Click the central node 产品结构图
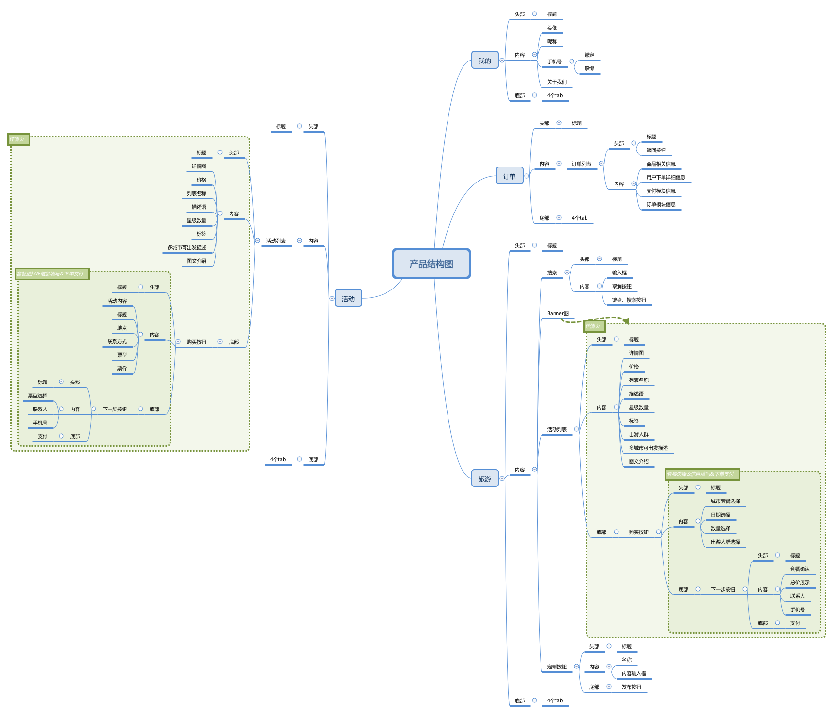[431, 264]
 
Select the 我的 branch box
[485, 61]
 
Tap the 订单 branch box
[510, 176]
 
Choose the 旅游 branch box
[485, 479]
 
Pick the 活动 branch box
[348, 299]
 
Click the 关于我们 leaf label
[556, 82]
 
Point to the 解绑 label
[589, 69]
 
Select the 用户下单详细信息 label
[665, 178]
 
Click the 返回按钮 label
[656, 151]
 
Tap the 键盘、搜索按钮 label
[629, 300]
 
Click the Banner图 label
[557, 314]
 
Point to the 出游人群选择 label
[725, 542]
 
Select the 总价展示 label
[800, 583]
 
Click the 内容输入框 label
[633, 674]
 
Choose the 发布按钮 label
[631, 687]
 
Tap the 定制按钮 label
[556, 667]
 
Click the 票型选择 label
[38, 396]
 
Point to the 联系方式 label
[117, 342]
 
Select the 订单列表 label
[581, 164]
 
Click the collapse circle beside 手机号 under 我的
[571, 61]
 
